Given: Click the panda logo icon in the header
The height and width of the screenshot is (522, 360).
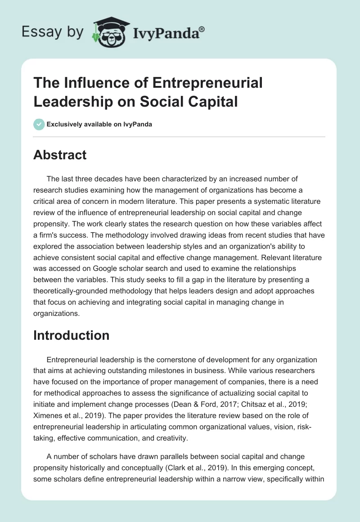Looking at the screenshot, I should coord(110,32).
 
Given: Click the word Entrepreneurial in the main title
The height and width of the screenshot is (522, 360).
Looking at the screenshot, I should coord(207,83).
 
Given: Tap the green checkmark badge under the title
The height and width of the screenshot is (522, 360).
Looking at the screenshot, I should coord(39,125).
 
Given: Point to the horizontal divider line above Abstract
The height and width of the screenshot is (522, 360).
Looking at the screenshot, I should coord(180,136).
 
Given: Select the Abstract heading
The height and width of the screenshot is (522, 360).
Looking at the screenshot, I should coord(60,155).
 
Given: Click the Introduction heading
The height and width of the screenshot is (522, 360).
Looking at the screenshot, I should coord(72,335).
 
